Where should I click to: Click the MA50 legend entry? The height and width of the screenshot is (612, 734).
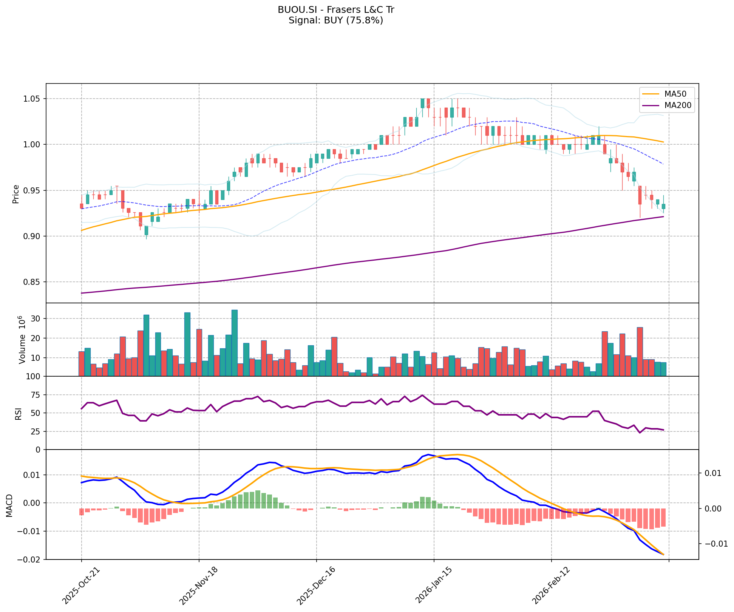tap(675, 94)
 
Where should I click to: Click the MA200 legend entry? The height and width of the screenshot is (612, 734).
tap(678, 105)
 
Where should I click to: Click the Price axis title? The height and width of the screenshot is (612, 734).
tap(16, 194)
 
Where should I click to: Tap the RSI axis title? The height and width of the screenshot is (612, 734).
tap(18, 414)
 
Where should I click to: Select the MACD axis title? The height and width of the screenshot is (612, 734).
tap(10, 505)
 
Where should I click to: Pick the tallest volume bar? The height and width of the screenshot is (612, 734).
tap(235, 343)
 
